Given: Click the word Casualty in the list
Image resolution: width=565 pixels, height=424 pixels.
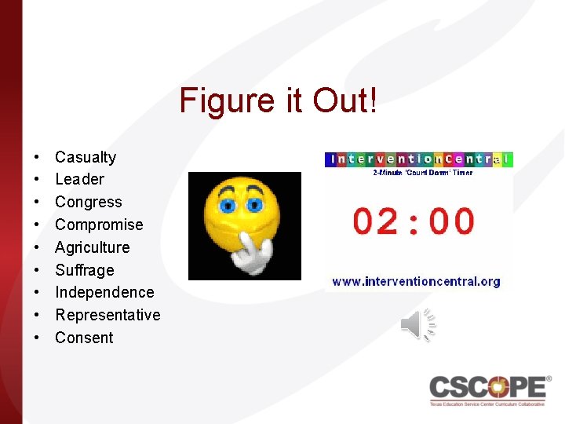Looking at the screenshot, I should click(x=86, y=157).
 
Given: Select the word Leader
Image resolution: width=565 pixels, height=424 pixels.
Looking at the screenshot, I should click(x=79, y=180).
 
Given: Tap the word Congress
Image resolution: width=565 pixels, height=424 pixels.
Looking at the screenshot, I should click(x=89, y=203).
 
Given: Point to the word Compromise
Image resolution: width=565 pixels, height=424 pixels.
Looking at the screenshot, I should click(x=99, y=225).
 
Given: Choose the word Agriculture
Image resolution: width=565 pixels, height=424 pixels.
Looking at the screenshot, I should click(x=92, y=247).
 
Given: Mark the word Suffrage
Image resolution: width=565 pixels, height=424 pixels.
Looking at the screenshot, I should click(x=84, y=270).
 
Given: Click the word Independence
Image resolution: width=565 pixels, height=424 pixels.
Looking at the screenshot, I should click(x=104, y=292).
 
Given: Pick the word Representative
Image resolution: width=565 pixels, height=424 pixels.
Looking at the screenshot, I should click(x=108, y=315).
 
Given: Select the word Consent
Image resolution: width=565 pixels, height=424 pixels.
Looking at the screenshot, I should click(x=84, y=338).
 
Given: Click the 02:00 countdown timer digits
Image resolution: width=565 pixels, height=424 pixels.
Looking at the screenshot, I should click(x=414, y=222).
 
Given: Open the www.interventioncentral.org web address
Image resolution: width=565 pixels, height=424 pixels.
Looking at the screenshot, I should click(x=416, y=281).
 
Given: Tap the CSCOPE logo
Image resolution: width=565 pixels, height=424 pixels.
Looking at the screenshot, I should click(x=488, y=388).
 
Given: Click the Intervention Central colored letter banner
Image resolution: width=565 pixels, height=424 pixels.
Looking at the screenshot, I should click(x=418, y=159).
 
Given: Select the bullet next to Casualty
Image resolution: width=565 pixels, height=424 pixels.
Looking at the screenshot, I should click(x=38, y=157).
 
